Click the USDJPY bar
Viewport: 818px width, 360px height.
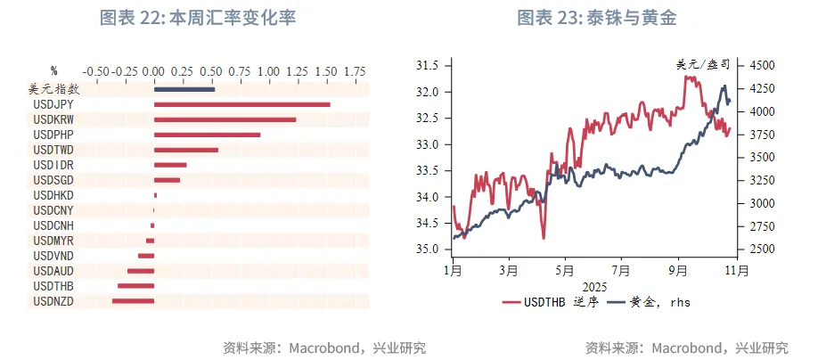pyautogui.click(x=241, y=104)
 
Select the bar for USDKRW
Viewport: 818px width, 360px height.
pyautogui.click(x=225, y=119)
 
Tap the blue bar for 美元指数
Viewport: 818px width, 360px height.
pyautogui.click(x=184, y=89)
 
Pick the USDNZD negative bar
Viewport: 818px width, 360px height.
pyautogui.click(x=133, y=301)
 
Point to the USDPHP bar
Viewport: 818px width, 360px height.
pyautogui.click(x=207, y=135)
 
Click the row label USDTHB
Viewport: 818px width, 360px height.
pyautogui.click(x=53, y=286)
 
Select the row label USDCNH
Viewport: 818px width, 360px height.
pyautogui.click(x=53, y=225)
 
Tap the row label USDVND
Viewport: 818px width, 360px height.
pyautogui.click(x=53, y=256)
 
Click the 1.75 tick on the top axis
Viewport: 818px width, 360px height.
pyautogui.click(x=355, y=70)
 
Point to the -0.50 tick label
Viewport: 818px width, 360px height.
pyautogui.click(x=95, y=70)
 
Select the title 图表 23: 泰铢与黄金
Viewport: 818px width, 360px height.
pyautogui.click(x=604, y=17)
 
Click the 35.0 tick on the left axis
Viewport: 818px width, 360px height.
pyautogui.click(x=429, y=249)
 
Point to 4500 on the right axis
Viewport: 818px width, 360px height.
pyautogui.click(x=761, y=66)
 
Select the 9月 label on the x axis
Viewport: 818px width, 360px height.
pyautogui.click(x=679, y=268)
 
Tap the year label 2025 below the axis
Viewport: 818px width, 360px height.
pyautogui.click(x=593, y=286)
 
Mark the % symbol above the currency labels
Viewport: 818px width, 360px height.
pyautogui.click(x=53, y=70)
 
